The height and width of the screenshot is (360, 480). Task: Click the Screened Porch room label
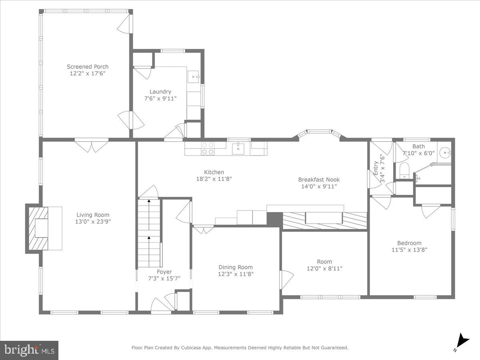87,67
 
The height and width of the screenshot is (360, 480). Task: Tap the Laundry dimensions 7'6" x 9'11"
160,98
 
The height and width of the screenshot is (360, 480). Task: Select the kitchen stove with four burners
207,148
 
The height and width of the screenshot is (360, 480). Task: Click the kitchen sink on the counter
239,148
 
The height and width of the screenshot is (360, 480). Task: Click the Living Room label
93,215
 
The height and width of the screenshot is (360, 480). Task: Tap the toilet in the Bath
404,170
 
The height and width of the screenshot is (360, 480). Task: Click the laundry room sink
194,76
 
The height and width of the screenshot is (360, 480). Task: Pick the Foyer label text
164,272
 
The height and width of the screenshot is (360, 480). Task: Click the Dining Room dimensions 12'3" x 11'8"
236,274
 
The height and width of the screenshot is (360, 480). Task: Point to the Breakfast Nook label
319,180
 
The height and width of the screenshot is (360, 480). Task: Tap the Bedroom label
409,243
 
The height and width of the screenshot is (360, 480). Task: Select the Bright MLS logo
29,350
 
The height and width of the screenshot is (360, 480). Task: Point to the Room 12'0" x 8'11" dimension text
324,269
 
